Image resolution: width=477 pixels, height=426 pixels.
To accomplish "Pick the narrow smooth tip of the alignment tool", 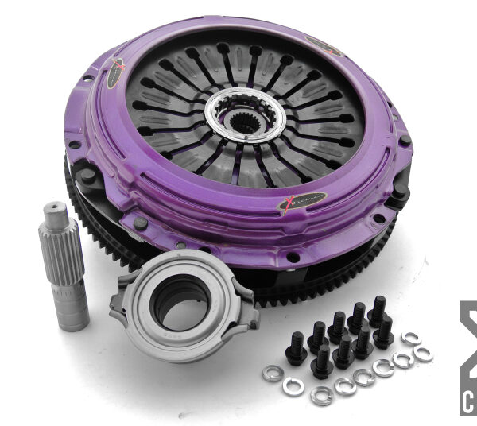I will click(x=53, y=213).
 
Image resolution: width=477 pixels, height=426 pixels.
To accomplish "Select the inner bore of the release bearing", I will click(x=180, y=303).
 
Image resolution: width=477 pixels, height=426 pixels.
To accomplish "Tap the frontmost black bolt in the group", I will click(x=323, y=365).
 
